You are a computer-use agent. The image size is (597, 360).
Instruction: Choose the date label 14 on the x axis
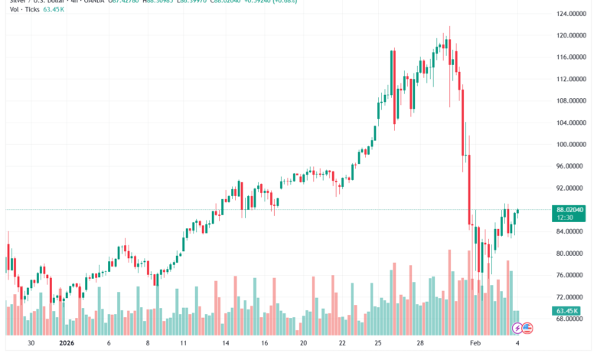[225, 344]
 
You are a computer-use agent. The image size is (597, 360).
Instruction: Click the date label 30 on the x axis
[30, 344]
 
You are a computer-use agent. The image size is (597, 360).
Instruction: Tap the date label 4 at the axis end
[519, 344]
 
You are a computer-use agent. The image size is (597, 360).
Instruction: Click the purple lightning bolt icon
[517, 328]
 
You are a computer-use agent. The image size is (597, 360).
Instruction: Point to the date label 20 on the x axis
[303, 344]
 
